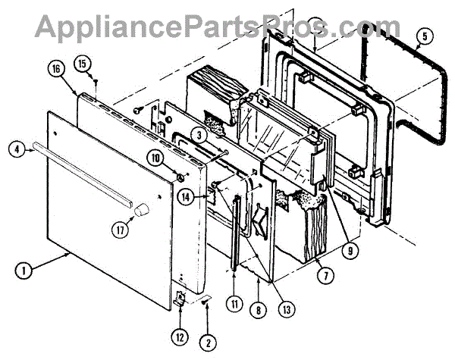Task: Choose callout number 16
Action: (56, 68)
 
